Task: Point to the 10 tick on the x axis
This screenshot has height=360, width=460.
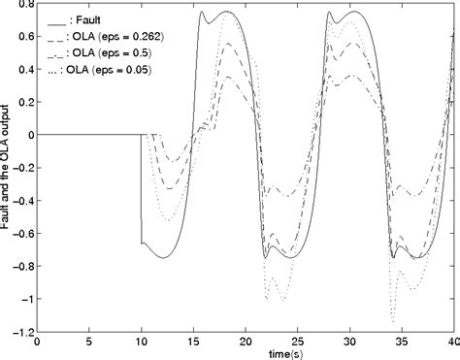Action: pos(142,342)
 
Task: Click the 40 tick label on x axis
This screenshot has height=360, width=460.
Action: pos(451,342)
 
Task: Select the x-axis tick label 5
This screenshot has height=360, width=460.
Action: pos(89,342)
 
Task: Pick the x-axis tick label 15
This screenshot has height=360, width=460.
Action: pos(193,342)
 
